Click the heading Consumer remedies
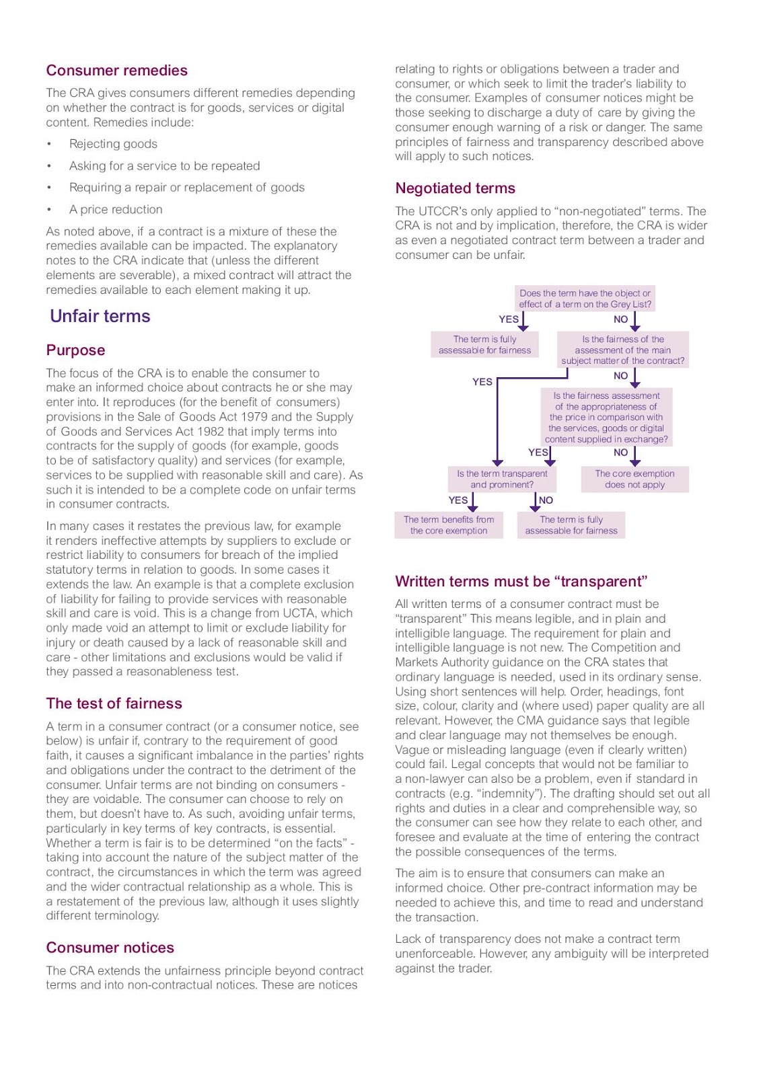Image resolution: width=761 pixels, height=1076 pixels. [x=116, y=71]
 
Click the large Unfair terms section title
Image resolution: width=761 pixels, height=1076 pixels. [x=100, y=316]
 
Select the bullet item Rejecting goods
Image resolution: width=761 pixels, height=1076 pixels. [x=113, y=144]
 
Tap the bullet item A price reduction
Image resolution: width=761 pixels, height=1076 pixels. [x=115, y=209]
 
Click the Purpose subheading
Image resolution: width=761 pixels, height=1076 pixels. [x=75, y=350]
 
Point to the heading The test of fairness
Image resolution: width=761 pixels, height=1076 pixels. [x=114, y=703]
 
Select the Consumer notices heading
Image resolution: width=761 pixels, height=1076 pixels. [x=110, y=948]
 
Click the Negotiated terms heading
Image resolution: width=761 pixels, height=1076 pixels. [x=455, y=188]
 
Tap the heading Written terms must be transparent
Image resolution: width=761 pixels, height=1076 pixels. [x=521, y=582]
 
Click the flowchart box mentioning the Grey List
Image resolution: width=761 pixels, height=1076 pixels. [x=585, y=299]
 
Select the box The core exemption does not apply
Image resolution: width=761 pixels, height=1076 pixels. [x=635, y=479]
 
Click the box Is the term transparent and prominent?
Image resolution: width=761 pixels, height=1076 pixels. [x=502, y=479]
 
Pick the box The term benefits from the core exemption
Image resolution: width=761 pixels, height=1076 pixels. [x=448, y=525]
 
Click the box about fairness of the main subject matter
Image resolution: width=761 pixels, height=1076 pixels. [x=622, y=350]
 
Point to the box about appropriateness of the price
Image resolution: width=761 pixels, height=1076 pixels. [x=606, y=417]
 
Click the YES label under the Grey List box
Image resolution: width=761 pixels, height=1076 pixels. [x=508, y=319]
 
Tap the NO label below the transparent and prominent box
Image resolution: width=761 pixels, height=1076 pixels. [x=546, y=500]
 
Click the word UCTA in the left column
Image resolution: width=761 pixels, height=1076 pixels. [x=336, y=613]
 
